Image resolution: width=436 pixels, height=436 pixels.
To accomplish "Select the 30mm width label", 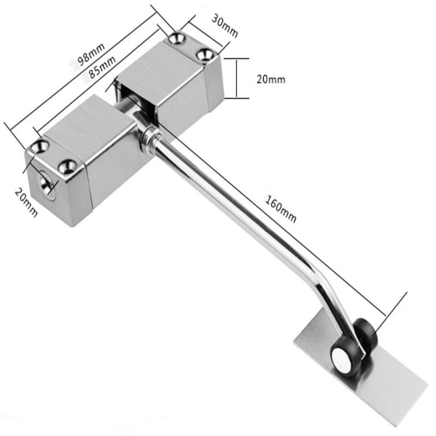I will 225,27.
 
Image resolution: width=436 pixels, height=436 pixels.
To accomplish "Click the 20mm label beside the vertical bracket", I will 270,79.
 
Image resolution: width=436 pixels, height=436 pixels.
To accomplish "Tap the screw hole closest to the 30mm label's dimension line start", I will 177,38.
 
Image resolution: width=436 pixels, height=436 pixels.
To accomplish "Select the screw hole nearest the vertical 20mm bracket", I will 205,54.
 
